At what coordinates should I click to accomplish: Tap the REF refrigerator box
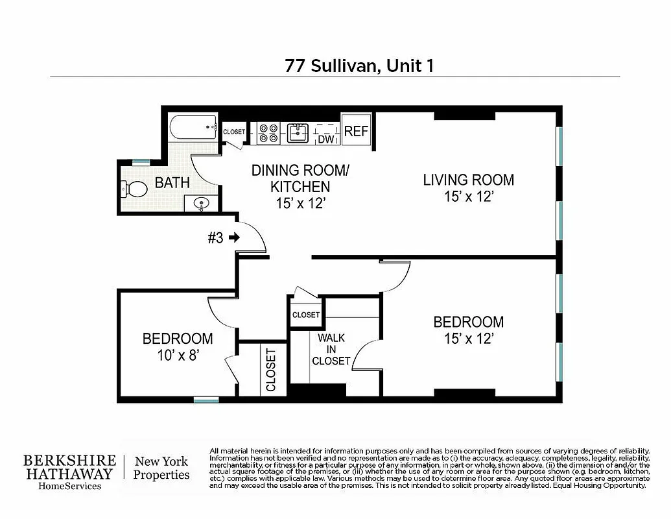[356, 131]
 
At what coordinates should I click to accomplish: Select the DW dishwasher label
[325, 139]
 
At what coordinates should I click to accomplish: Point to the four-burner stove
[268, 133]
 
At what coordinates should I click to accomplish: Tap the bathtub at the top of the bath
[193, 128]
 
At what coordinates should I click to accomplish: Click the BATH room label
[172, 182]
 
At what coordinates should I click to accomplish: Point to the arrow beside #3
[233, 238]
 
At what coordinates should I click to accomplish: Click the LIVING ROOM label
[468, 180]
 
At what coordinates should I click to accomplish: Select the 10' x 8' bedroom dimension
[177, 354]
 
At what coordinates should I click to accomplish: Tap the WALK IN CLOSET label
[331, 349]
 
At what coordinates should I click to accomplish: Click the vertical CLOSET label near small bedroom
[270, 370]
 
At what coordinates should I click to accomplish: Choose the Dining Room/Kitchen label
[300, 178]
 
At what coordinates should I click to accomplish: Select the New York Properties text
[161, 468]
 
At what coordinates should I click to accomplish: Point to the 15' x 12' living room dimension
[469, 197]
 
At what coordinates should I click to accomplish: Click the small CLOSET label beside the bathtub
[234, 132]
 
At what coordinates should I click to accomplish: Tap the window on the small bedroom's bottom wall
[206, 400]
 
